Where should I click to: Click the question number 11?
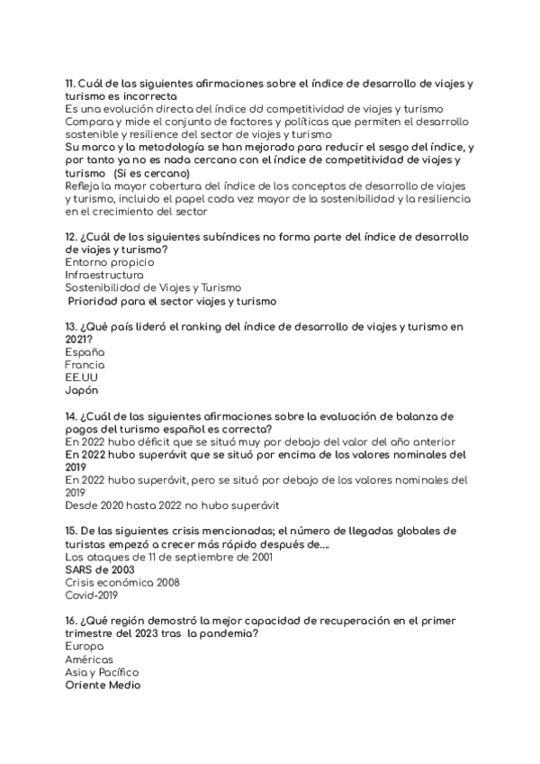click(x=70, y=84)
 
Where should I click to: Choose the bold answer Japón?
click(x=83, y=391)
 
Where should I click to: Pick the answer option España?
click(x=85, y=352)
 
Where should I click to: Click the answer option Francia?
click(x=85, y=365)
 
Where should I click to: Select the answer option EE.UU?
click(x=82, y=378)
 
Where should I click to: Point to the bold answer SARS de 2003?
click(x=99, y=569)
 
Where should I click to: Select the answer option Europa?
click(x=85, y=646)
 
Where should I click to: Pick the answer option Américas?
click(x=90, y=659)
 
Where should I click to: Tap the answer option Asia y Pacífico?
click(x=103, y=672)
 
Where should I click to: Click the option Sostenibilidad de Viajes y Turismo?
click(x=154, y=287)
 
